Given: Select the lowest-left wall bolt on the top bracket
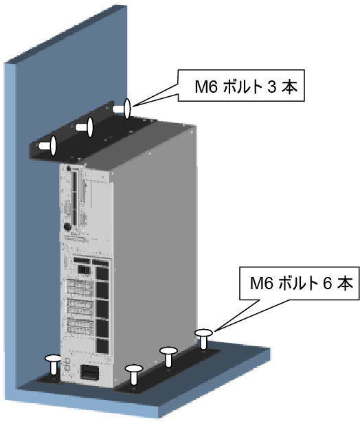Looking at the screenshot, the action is pos(49,146).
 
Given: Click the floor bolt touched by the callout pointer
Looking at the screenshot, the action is pos(203,339).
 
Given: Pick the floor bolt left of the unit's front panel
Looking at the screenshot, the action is pos(53,364).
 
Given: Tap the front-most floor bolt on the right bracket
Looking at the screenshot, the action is pos(134,374).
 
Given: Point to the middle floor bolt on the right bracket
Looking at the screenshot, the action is pos(169,357).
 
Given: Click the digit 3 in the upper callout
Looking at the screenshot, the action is pos(271,87).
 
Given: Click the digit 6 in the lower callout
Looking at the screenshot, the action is pos(327,284).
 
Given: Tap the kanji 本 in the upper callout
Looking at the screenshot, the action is pos(289,87).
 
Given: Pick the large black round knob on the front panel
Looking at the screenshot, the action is pos(67,227).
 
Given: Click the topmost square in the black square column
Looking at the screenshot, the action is pos(102,273).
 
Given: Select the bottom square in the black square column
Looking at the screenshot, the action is pos(102,345).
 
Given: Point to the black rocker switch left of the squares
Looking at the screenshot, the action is pos(84,270).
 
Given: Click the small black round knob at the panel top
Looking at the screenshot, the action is pos(69,169).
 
